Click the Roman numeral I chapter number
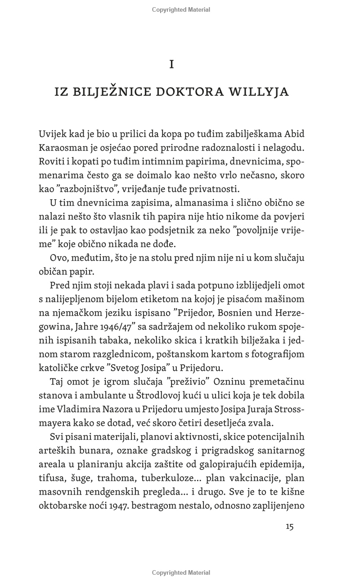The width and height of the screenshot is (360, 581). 171,65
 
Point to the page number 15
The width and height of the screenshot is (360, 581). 289,527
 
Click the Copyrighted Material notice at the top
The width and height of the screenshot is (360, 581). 181,10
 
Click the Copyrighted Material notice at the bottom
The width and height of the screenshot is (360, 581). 181,572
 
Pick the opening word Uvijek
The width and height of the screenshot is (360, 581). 52,134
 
